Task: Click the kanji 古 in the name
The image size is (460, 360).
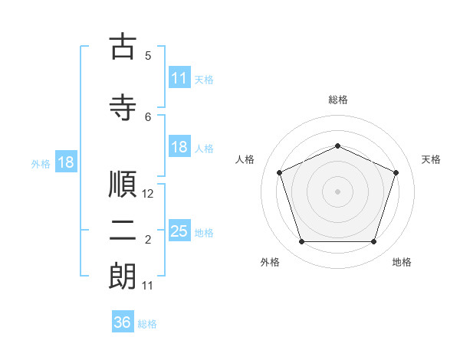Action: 123,47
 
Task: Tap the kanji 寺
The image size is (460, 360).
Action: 123,106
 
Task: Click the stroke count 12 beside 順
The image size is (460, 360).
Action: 149,194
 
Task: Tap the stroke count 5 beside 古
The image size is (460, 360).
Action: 148,55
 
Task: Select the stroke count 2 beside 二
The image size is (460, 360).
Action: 148,241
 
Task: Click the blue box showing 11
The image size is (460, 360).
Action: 179,78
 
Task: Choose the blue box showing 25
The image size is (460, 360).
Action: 179,231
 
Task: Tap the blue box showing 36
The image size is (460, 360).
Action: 123,322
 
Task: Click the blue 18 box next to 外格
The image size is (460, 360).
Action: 65,162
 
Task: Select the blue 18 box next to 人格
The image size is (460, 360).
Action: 179,147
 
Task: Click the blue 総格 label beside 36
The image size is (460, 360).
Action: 147,324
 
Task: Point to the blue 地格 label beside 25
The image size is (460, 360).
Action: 204,232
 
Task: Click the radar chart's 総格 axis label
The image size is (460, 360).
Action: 338,100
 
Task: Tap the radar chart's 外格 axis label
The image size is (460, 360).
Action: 270,262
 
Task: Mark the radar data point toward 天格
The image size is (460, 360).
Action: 396,172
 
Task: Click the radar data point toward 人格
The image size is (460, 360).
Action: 279,172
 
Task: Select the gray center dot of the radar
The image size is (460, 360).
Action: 337,191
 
